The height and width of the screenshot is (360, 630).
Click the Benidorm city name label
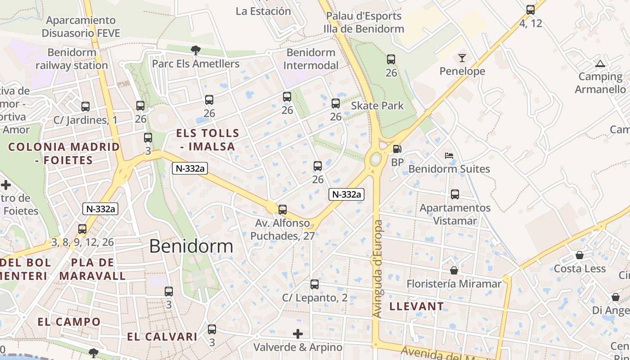(191, 246)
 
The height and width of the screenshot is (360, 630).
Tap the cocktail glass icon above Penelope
(462, 58)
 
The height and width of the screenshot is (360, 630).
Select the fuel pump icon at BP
(397, 149)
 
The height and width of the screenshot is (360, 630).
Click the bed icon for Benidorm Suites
(449, 156)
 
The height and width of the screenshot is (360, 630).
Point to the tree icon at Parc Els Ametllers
(195, 50)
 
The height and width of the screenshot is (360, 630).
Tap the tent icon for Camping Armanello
(600, 63)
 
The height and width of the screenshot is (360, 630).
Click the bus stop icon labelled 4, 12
(531, 9)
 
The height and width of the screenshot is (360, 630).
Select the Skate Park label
(377, 106)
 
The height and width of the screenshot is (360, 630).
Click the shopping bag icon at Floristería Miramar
(454, 270)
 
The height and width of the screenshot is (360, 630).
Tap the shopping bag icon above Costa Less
(580, 255)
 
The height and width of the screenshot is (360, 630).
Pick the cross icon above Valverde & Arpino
(298, 334)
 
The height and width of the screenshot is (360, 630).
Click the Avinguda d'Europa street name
(378, 269)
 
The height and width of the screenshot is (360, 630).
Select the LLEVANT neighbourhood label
(416, 306)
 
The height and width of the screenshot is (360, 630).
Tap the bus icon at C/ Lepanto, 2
(315, 284)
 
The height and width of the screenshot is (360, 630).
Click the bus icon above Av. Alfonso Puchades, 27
(283, 210)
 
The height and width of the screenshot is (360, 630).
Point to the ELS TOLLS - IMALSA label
(207, 139)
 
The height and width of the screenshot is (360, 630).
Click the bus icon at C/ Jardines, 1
(85, 107)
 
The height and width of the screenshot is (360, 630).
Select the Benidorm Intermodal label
(310, 59)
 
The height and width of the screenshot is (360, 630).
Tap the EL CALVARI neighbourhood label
(162, 337)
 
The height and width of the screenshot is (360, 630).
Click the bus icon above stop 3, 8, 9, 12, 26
(82, 229)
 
